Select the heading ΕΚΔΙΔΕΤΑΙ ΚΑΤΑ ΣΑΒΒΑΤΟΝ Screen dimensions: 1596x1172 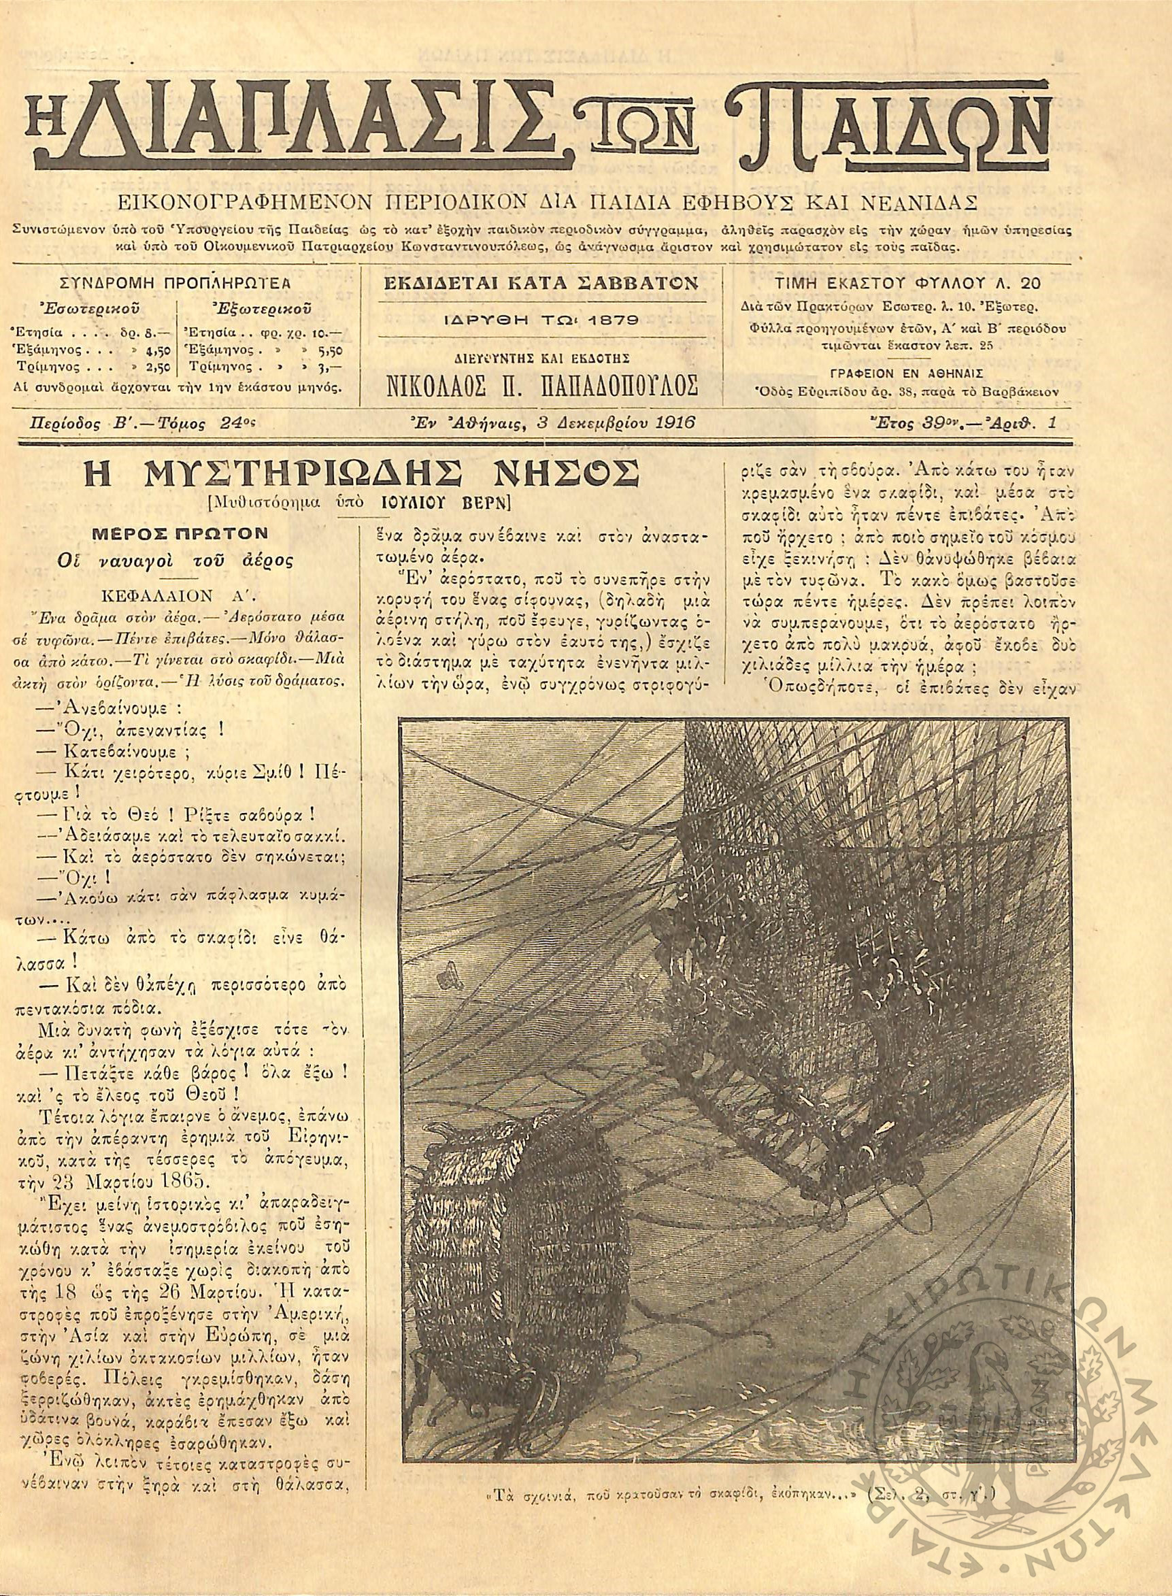(x=541, y=284)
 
